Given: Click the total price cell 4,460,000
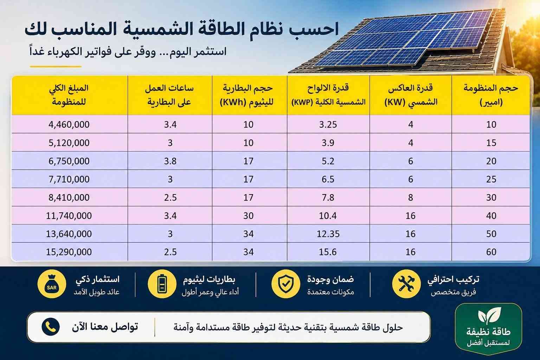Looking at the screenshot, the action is click(x=69, y=124).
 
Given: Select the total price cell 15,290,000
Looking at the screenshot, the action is click(x=69, y=252).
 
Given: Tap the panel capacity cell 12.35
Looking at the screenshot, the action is click(x=328, y=234).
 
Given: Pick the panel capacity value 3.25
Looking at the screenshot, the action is click(x=328, y=124).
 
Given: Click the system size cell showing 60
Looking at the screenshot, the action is click(x=491, y=252).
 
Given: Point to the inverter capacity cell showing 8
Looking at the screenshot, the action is click(x=411, y=198).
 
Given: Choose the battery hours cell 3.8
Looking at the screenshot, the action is click(x=170, y=161).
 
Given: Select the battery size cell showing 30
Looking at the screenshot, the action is click(x=248, y=216).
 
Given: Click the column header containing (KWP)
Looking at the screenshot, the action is click(x=328, y=95).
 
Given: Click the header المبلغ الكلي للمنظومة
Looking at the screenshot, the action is click(x=69, y=95).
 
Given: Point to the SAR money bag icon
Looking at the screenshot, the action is click(x=52, y=284).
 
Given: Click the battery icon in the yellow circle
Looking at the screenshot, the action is click(x=162, y=284).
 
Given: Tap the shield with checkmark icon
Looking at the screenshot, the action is click(x=286, y=284).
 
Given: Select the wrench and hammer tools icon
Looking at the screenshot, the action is click(x=406, y=284).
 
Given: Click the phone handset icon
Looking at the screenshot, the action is click(x=51, y=327).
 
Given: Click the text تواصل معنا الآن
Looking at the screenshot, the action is click(x=105, y=327).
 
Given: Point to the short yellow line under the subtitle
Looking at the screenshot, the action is click(x=56, y=66).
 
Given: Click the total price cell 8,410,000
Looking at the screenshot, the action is click(x=69, y=198).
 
